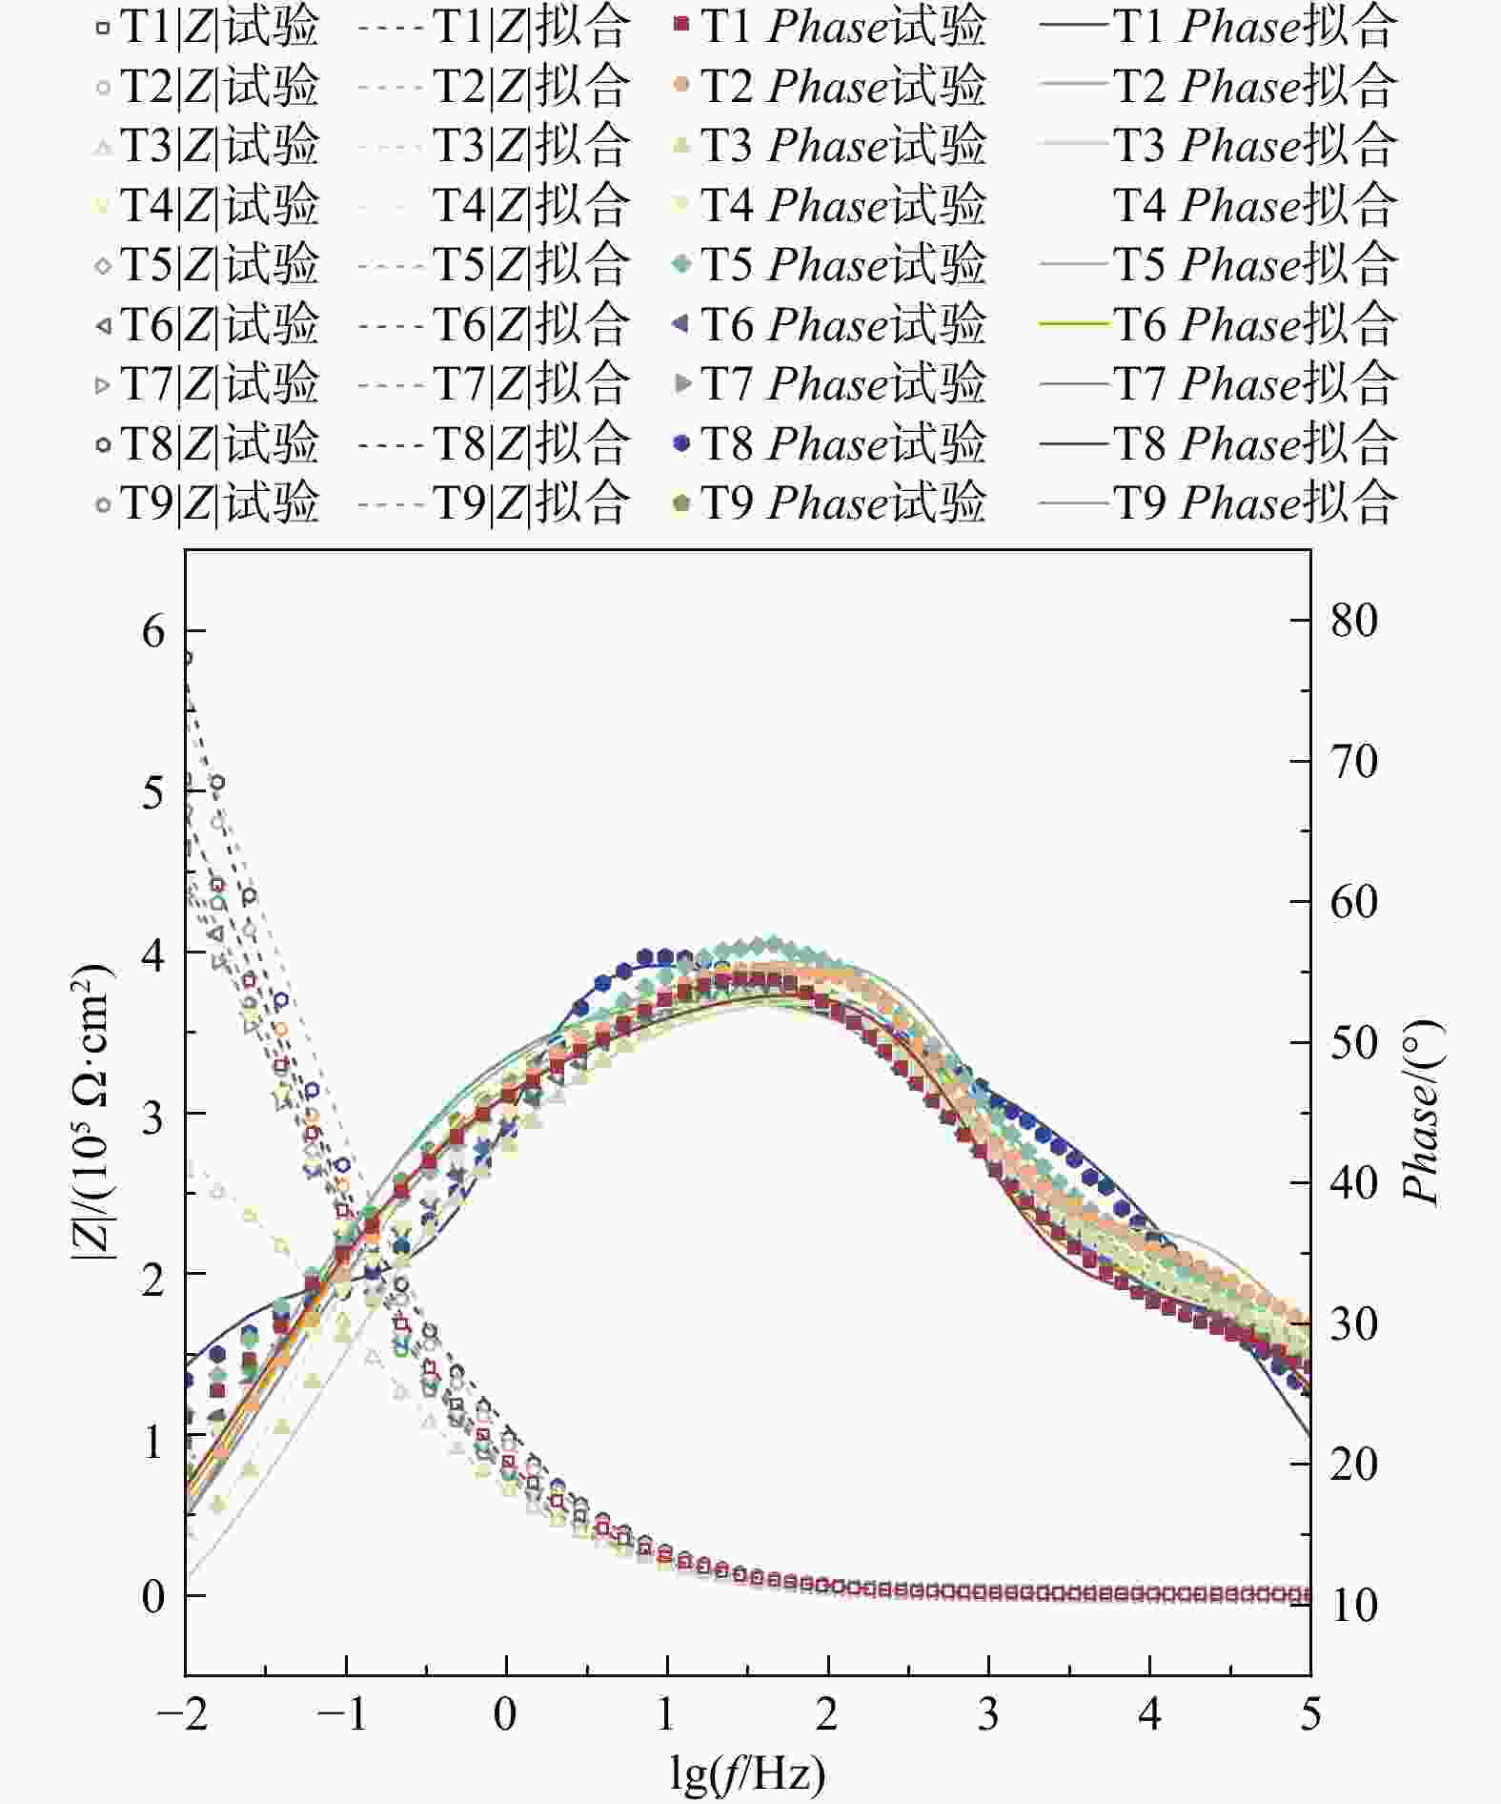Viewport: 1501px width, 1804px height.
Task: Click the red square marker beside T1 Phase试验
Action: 681,26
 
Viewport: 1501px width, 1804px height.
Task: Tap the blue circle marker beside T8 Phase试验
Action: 681,443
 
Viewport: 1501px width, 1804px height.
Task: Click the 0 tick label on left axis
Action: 153,1595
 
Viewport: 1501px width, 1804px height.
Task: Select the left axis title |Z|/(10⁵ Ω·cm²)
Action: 91,1114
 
